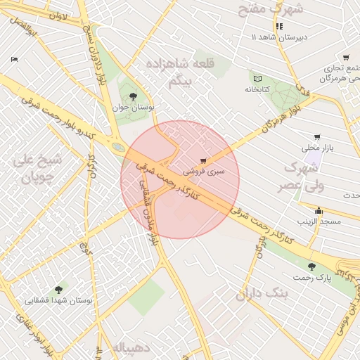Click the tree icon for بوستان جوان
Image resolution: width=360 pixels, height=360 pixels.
pyautogui.click(x=133, y=96)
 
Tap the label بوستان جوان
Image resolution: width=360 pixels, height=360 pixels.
pyautogui.click(x=133, y=108)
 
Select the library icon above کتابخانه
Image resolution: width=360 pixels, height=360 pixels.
pyautogui.click(x=257, y=78)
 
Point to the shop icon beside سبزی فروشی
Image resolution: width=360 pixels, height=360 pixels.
pyautogui.click(x=203, y=161)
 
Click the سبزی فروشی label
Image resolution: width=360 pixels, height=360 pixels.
pyautogui.click(x=204, y=171)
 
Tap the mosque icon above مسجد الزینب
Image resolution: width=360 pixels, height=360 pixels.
pyautogui.click(x=319, y=210)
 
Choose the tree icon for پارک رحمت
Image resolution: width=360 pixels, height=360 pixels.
pyautogui.click(x=311, y=266)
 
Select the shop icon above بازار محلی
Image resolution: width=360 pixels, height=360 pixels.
pyautogui.click(x=317, y=137)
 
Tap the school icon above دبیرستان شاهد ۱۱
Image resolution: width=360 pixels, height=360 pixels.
pyautogui.click(x=279, y=26)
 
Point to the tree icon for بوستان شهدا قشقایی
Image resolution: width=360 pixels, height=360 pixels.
pyautogui.click(x=58, y=288)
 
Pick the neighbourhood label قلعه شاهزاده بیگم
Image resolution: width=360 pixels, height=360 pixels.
pyautogui.click(x=180, y=73)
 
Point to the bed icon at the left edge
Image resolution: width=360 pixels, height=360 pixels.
pyautogui.click(x=15, y=60)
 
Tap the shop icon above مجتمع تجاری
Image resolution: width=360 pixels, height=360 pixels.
pyautogui.click(x=345, y=58)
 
